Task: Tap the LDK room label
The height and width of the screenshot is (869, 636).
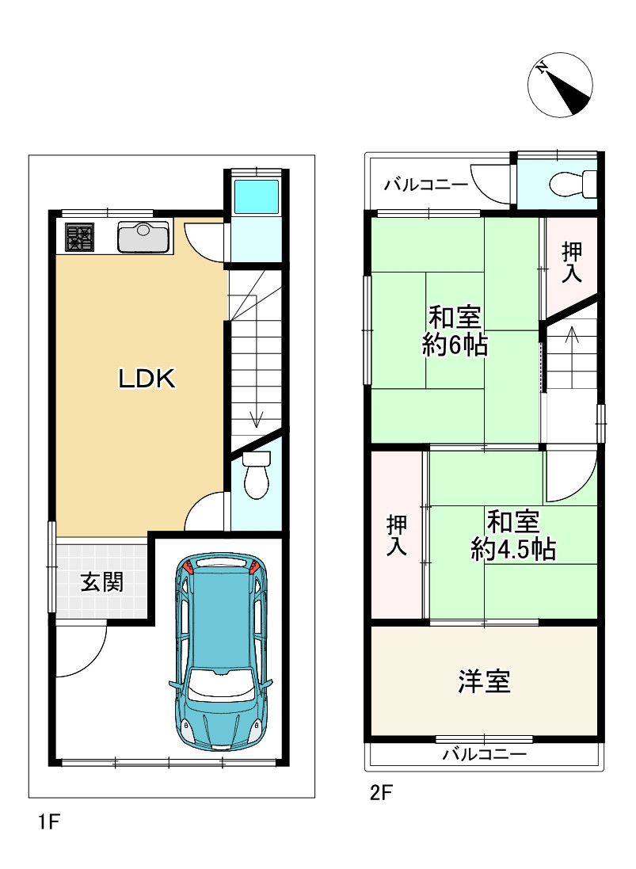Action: tap(147, 379)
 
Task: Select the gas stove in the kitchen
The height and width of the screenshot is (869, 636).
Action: tap(79, 237)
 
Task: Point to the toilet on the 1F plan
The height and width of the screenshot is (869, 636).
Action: tap(256, 475)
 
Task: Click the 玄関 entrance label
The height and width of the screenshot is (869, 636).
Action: tap(102, 582)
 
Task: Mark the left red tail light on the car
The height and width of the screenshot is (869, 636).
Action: tap(188, 566)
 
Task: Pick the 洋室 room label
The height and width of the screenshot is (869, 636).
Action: tap(485, 681)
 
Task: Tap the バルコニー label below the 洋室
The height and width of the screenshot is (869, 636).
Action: tap(484, 754)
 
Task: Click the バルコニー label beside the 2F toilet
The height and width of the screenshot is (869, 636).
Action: tap(426, 185)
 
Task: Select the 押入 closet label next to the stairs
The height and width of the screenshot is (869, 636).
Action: tap(572, 263)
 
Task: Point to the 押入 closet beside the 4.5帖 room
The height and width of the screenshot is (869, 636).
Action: tap(397, 536)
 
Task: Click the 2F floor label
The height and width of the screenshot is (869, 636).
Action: tap(381, 793)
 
